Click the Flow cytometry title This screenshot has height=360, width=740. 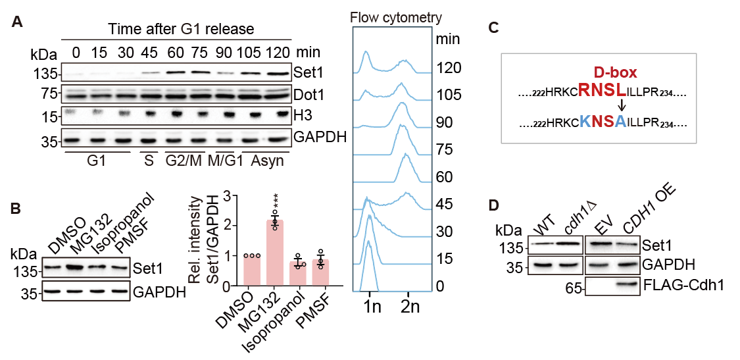[397, 17]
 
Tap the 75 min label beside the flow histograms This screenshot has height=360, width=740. [445, 150]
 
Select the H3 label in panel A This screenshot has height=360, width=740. [305, 116]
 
